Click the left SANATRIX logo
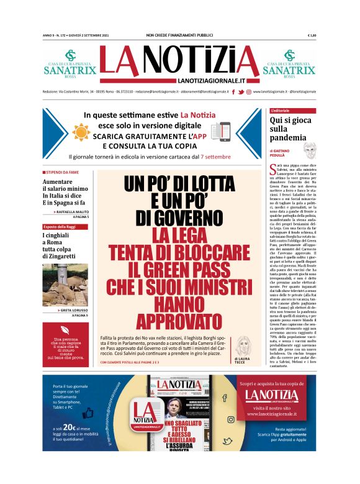(x=70, y=64)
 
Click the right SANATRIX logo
(x=289, y=64)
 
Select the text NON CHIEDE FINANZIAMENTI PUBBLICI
(x=179, y=35)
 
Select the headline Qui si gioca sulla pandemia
(x=288, y=128)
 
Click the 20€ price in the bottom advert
(x=69, y=428)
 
